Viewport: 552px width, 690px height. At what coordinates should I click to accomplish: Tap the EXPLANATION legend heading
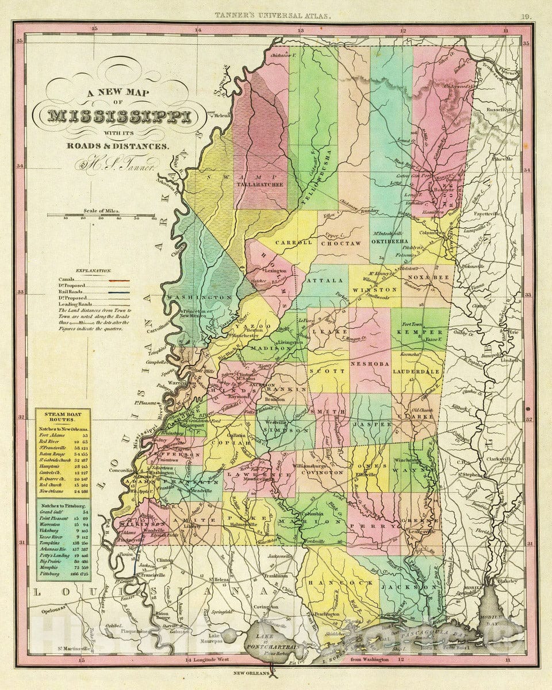(80, 270)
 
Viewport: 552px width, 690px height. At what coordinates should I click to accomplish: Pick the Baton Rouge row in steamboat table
(60, 454)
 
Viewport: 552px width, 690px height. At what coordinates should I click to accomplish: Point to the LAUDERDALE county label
(417, 372)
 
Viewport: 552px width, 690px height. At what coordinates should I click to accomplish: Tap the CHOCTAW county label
(344, 244)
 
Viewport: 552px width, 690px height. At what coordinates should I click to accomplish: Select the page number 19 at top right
(526, 17)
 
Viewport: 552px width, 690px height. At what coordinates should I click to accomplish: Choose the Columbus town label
(436, 233)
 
